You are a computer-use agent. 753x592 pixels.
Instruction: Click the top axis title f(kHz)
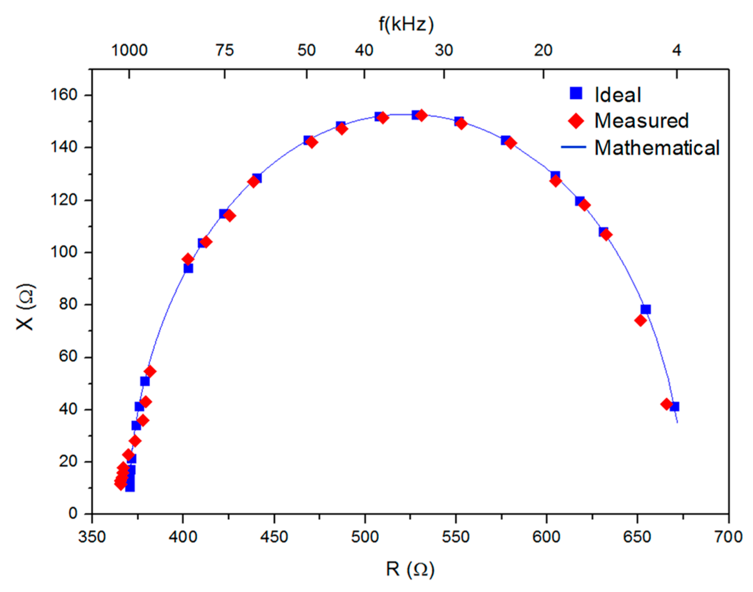[x=406, y=25]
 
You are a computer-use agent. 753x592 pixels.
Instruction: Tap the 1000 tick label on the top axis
[x=129, y=51]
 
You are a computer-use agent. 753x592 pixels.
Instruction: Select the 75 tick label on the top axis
[x=224, y=51]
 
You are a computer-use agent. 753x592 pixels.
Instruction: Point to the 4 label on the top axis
[x=676, y=51]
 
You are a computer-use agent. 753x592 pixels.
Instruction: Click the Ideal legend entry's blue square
[x=576, y=93]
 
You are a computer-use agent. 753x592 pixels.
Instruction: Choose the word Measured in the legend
[x=641, y=121]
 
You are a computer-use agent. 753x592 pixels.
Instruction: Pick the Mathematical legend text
[x=657, y=148]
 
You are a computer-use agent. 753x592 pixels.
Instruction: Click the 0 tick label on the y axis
[x=73, y=513]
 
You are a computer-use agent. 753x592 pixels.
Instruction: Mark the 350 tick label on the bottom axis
[x=92, y=537]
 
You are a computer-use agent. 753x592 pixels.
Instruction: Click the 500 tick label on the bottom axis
[x=365, y=537]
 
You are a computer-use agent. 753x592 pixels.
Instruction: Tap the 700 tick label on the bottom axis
[x=728, y=537]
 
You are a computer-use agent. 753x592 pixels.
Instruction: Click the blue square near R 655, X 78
[x=646, y=309]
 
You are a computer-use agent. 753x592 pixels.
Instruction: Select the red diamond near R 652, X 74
[x=640, y=320]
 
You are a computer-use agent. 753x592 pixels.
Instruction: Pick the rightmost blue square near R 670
[x=674, y=406]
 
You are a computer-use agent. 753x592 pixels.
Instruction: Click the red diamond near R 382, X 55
[x=150, y=371]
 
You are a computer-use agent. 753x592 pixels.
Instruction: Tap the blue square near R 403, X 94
[x=188, y=269]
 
